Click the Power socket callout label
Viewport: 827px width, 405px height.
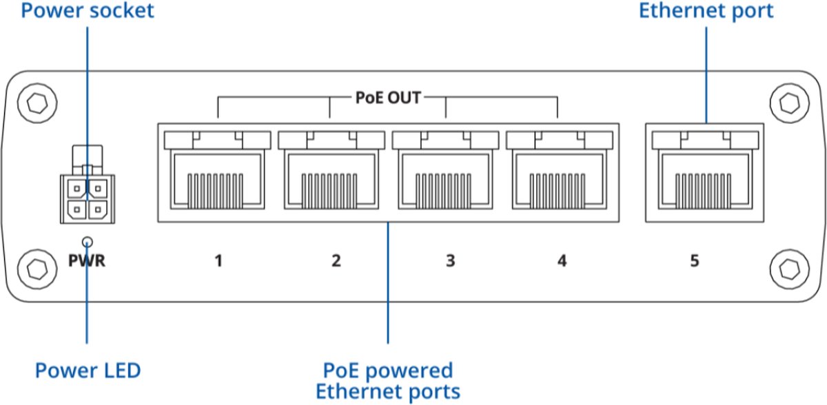tap(87, 12)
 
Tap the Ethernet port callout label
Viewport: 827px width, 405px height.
tap(706, 12)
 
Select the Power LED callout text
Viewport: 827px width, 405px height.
tap(88, 371)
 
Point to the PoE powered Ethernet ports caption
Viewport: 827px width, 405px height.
tap(387, 381)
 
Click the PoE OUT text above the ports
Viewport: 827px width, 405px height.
tap(387, 98)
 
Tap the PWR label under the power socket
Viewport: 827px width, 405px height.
tap(87, 262)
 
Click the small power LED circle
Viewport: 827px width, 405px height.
tap(88, 241)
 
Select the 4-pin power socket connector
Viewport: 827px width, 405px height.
tap(88, 197)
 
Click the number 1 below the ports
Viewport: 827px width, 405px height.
tap(218, 262)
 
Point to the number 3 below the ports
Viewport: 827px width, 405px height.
tap(450, 262)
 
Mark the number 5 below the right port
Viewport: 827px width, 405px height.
tap(695, 262)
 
